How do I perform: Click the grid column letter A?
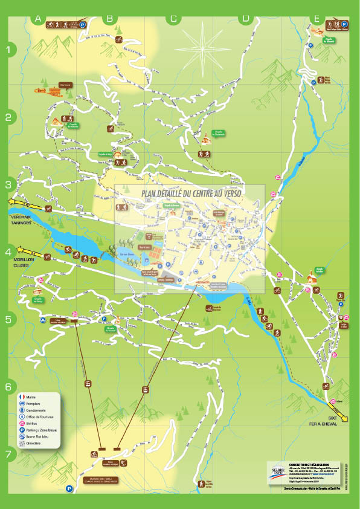[x=38, y=19]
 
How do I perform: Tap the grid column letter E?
[x=317, y=19]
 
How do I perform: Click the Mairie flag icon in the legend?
[x=22, y=397]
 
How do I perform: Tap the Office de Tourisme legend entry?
[x=22, y=417]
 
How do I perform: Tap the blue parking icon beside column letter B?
[x=82, y=25]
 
